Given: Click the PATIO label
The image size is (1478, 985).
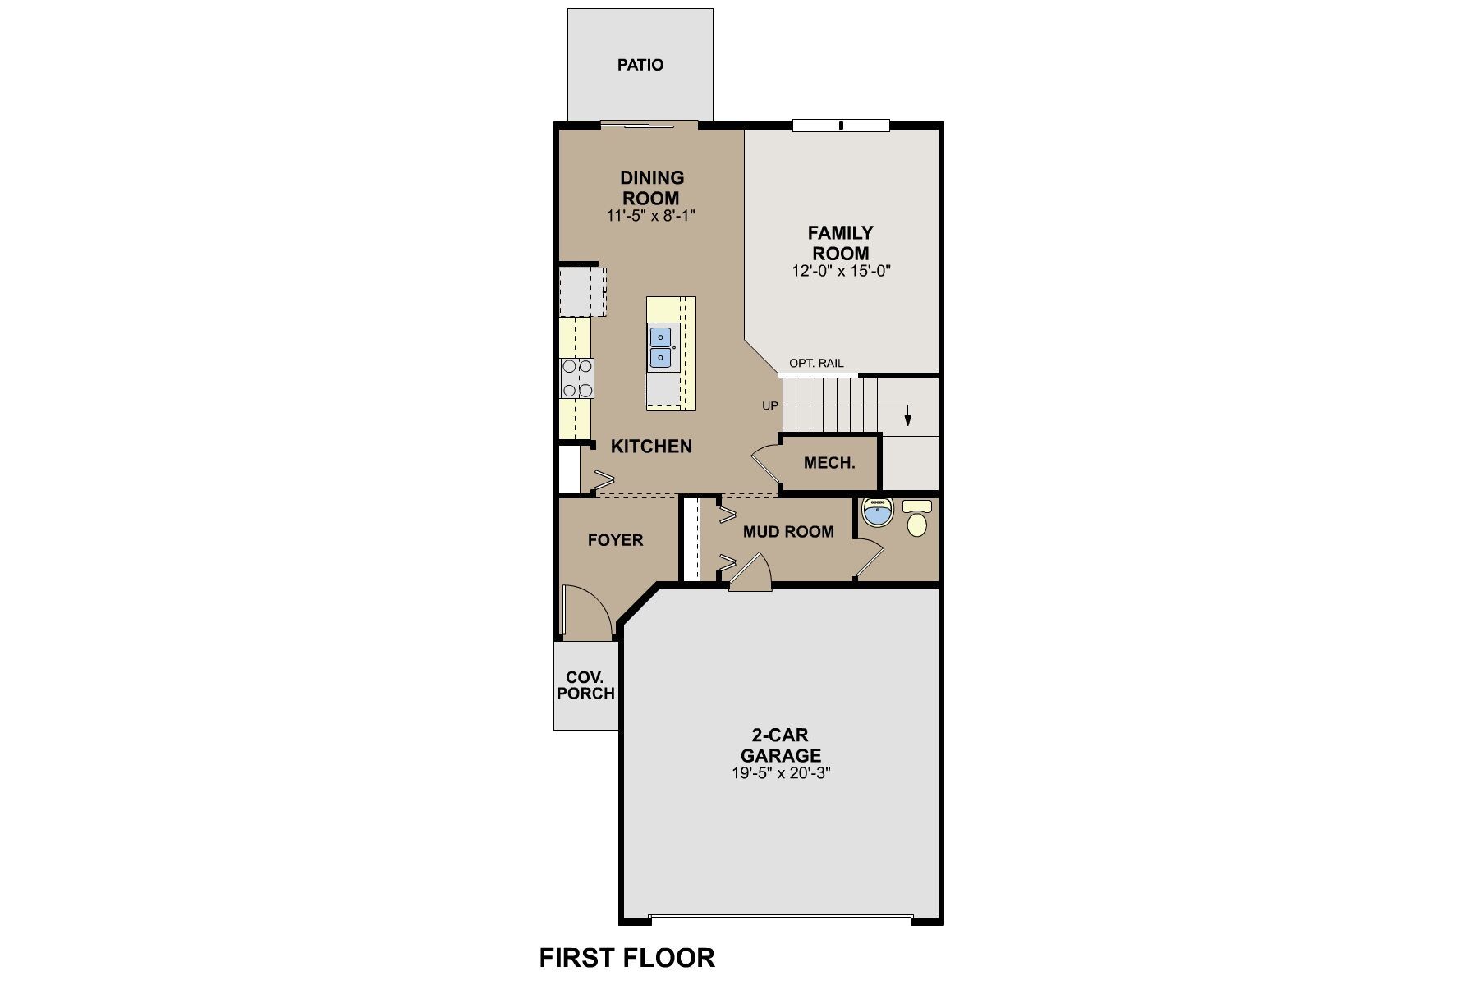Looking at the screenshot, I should [640, 65].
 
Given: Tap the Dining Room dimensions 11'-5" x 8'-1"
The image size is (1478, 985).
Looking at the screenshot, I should [652, 216].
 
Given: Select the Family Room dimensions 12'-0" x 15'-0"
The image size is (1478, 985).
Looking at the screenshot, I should [841, 271].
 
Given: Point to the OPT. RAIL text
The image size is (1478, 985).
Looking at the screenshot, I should [815, 364].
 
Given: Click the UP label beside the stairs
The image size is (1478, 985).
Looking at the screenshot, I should [769, 405].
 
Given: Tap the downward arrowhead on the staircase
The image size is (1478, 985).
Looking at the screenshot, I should [908, 420].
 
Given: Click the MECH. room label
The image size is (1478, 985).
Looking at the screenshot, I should [829, 463].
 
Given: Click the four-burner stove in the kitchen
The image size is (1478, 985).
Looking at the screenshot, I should [577, 378].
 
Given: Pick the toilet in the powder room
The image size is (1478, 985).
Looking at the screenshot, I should [917, 520].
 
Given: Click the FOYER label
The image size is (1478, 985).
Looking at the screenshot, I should [615, 540].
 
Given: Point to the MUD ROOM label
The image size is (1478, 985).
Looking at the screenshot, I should [788, 532].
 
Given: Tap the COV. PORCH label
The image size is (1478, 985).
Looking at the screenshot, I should [585, 685].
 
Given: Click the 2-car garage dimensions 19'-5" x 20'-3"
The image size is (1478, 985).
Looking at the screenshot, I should [781, 773].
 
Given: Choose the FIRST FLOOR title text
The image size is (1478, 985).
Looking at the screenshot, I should [627, 957].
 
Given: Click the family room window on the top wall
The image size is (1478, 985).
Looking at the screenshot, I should [841, 126].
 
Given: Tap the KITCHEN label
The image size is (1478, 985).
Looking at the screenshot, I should [651, 447].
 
